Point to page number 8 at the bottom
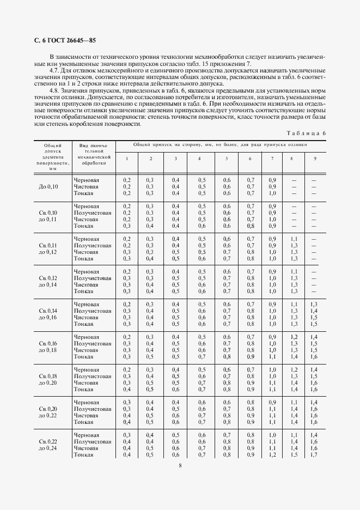(x=180, y=465)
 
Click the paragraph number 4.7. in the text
(x=55, y=71)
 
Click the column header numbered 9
(x=314, y=158)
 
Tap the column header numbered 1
(x=127, y=158)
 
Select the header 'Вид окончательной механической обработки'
(x=94, y=154)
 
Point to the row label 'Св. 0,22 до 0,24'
(x=48, y=445)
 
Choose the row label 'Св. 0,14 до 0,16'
(x=48, y=314)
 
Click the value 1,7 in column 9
(x=314, y=454)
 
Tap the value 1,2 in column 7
(x=272, y=454)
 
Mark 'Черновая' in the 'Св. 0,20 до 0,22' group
(x=87, y=402)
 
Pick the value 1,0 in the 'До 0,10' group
(x=272, y=193)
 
